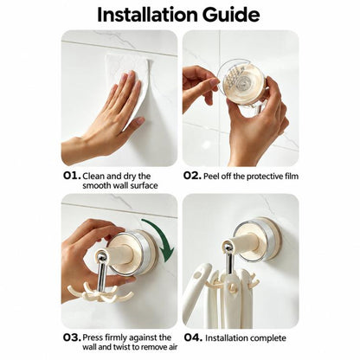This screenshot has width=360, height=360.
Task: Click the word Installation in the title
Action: tap(147, 15)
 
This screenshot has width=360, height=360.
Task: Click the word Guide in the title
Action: tap(231, 15)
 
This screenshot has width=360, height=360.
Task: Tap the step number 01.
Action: tap(72, 176)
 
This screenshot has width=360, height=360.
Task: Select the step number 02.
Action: tap(192, 176)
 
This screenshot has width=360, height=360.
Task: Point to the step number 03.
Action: tap(72, 337)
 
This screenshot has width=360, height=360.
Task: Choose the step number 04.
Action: tap(193, 337)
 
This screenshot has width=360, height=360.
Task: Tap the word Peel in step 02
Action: tap(210, 176)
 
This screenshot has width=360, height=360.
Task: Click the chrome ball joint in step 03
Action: tap(101, 256)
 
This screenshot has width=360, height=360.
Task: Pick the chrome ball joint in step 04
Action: tap(228, 248)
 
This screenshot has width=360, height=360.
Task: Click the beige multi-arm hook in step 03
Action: tap(100, 291)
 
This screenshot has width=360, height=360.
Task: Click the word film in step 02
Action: tap(291, 176)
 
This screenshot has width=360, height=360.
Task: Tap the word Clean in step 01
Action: tap(93, 176)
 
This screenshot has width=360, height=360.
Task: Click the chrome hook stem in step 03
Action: tap(101, 274)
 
